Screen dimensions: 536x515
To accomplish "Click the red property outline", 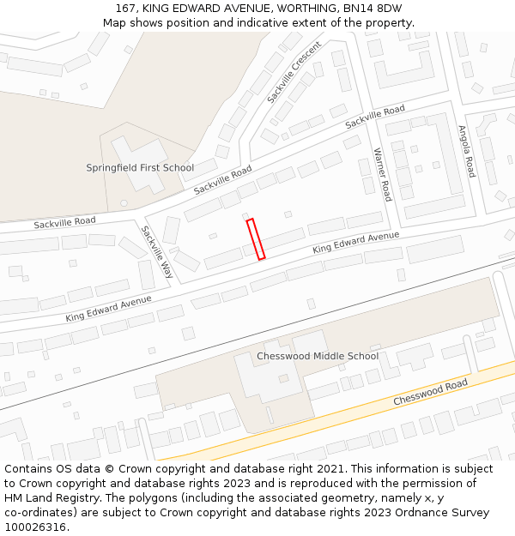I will (x=256, y=239).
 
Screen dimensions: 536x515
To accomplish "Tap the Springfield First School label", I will (x=140, y=168).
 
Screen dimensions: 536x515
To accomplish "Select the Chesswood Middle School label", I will (x=318, y=356).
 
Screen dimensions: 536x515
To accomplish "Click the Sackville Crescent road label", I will (x=294, y=73).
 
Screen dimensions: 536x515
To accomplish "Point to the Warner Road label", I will (x=382, y=174).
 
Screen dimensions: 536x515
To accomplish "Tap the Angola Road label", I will (x=466, y=152).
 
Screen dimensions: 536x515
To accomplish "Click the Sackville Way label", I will (x=157, y=252).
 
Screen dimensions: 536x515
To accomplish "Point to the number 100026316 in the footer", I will (x=34, y=527).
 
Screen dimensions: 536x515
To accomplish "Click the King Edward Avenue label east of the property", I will (x=356, y=242).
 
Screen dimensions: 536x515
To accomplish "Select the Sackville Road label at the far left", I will (x=64, y=223).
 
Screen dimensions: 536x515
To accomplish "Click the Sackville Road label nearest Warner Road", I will (x=375, y=117).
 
